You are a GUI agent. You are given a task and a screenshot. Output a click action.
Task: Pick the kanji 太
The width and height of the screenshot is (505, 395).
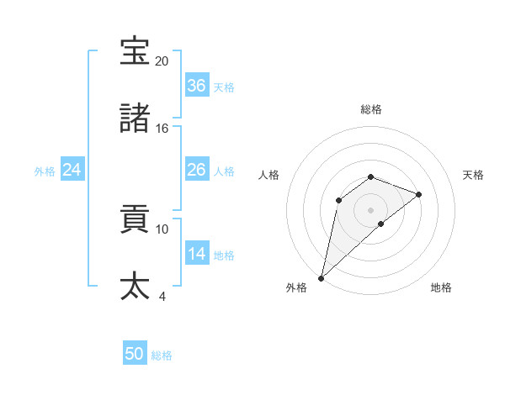[135, 287]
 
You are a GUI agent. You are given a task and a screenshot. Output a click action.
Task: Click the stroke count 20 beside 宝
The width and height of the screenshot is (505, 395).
[162, 61]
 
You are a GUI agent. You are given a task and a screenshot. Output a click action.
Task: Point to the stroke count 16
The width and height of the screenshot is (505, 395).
[162, 129]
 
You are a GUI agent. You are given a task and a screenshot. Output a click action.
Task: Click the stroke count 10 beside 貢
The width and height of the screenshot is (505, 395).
[162, 229]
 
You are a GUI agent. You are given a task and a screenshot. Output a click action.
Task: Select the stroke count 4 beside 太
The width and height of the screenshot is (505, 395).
[162, 296]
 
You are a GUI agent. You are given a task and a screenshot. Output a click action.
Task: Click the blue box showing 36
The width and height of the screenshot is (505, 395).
[196, 86]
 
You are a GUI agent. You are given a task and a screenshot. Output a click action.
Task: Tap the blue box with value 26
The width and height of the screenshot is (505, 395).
[196, 170]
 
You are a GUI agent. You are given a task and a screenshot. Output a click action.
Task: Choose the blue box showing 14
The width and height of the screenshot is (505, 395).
[196, 254]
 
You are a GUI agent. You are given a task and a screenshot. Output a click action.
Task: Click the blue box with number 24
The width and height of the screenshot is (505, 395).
[72, 170]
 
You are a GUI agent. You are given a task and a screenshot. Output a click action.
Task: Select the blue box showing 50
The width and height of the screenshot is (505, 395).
[135, 354]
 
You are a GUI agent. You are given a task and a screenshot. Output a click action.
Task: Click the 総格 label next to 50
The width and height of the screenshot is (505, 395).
[162, 355]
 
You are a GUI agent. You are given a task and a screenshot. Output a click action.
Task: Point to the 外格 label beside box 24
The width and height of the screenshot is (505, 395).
[45, 171]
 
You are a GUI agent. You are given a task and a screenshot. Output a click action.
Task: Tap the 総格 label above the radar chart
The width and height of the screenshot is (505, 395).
[371, 109]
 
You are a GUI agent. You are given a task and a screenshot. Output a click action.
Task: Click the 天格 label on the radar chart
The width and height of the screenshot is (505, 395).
[474, 175]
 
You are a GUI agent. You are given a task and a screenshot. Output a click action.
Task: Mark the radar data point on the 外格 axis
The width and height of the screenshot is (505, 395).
[321, 277]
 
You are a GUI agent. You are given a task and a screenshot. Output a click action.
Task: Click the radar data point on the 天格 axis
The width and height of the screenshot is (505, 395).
[419, 194]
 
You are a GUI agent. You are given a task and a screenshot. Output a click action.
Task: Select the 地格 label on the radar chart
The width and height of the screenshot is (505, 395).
[441, 287]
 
